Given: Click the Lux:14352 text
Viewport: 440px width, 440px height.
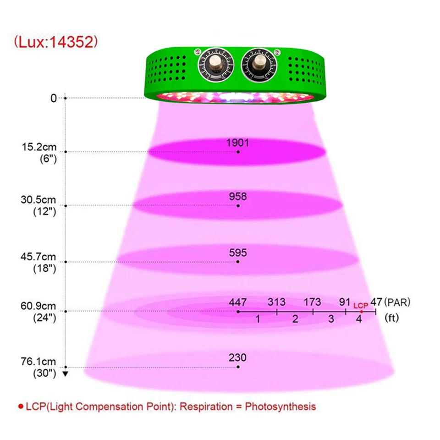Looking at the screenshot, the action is click(55, 42).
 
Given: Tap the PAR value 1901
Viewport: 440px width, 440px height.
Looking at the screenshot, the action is click(237, 143).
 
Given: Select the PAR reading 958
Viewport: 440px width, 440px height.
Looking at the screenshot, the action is click(238, 197).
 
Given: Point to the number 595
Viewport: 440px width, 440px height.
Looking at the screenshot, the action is click(238, 253).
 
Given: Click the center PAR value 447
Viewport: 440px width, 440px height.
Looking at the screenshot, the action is click(238, 302).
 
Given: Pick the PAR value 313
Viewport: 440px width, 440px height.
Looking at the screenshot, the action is click(276, 302).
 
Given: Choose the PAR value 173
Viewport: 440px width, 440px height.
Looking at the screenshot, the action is click(312, 302).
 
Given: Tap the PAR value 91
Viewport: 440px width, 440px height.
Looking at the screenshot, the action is click(345, 302).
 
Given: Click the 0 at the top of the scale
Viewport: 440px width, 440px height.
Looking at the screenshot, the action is click(55, 98).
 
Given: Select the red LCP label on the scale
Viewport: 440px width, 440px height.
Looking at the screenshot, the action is click(361, 304).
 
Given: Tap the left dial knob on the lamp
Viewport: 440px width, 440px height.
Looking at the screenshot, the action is click(214, 65).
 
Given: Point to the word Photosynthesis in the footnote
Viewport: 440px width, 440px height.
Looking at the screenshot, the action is click(280, 406).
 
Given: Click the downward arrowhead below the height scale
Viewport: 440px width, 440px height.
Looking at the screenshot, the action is click(65, 374).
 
